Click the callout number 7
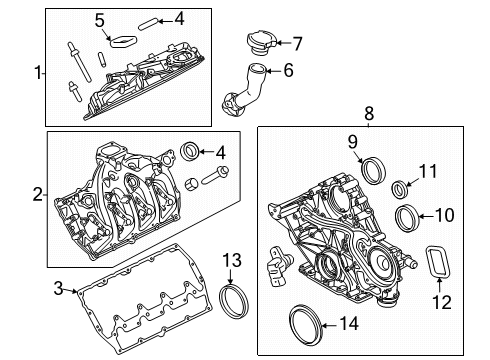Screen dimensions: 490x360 click(297, 43)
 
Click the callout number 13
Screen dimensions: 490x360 click(232, 260)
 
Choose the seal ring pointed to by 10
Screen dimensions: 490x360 click(407, 219)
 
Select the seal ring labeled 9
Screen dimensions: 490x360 click(374, 170)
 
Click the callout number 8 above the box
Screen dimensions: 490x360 click(369, 114)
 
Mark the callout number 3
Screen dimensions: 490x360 click(58, 289)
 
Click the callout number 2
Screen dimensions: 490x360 click(38, 194)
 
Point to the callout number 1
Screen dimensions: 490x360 click(39, 73)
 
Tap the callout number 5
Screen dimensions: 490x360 click(100, 20)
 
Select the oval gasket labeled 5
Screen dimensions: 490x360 click(124, 41)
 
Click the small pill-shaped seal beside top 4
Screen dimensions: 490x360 click(147, 25)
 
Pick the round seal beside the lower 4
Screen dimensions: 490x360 click(190, 151)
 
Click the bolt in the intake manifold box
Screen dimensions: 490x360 click(215, 175)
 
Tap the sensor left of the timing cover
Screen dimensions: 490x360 click(278, 266)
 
